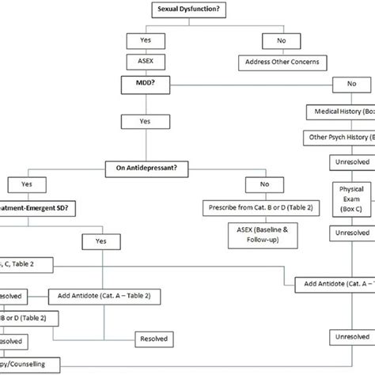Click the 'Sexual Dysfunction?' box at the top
187,9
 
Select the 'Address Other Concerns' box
274,60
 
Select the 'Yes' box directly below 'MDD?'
143,123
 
